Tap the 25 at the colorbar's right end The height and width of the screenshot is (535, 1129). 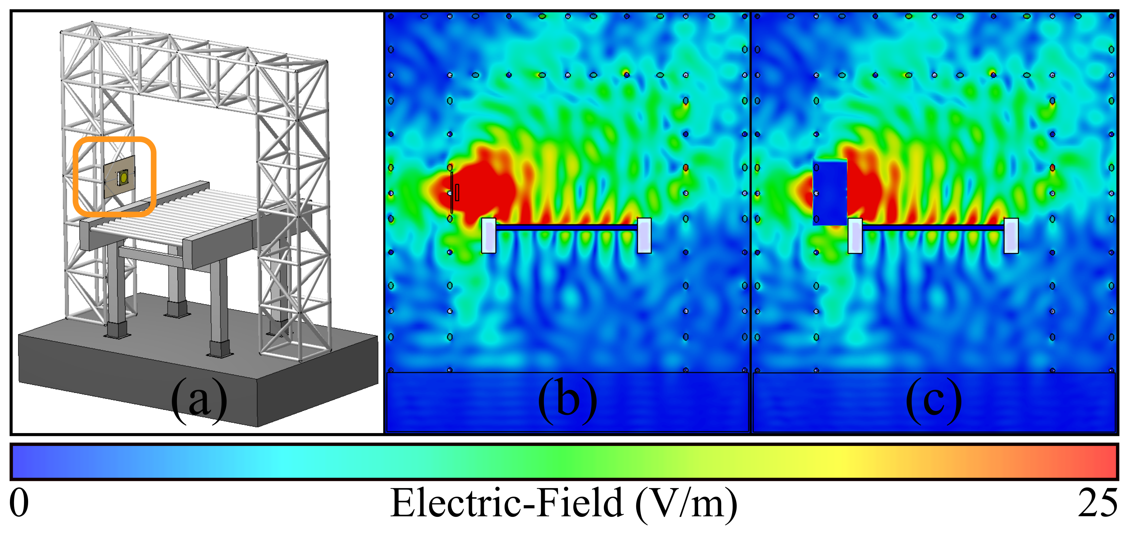(1097, 503)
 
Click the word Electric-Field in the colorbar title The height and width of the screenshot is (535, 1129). (506, 503)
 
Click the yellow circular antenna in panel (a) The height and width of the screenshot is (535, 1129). (124, 177)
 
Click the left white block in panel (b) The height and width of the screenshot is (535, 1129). (489, 236)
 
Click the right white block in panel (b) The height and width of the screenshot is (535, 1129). (644, 236)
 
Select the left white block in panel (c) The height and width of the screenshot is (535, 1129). (855, 236)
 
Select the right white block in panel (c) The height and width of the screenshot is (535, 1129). (1011, 236)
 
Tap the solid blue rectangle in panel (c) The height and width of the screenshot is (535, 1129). (829, 193)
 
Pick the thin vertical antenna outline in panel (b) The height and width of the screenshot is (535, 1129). (451, 193)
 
